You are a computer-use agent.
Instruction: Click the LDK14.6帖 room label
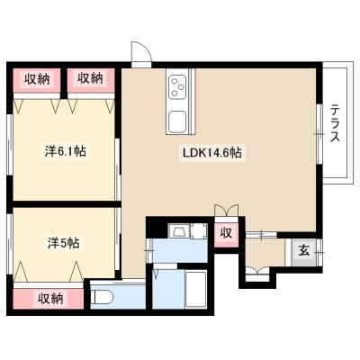pyautogui.click(x=212, y=153)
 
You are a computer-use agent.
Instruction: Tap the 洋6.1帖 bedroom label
pyautogui.click(x=66, y=151)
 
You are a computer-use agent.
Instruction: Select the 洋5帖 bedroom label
pyautogui.click(x=64, y=242)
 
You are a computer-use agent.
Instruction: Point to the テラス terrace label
pyautogui.click(x=335, y=122)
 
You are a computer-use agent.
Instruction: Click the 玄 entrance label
pyautogui.click(x=303, y=251)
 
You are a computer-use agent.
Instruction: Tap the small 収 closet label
pyautogui.click(x=227, y=232)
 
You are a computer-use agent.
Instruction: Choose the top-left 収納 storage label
pyautogui.click(x=37, y=79)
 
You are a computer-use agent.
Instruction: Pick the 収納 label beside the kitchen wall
pyautogui.click(x=90, y=78)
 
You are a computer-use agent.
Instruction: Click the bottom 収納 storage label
pyautogui.click(x=50, y=299)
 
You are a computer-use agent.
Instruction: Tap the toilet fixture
pyautogui.click(x=102, y=298)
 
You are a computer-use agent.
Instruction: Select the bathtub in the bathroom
pyautogui.click(x=196, y=289)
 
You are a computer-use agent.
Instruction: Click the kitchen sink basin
pyautogui.click(x=177, y=121)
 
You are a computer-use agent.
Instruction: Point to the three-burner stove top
pyautogui.click(x=177, y=86)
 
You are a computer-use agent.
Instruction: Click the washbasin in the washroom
pyautogui.click(x=178, y=231)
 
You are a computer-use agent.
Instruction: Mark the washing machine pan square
pyautogui.click(x=198, y=231)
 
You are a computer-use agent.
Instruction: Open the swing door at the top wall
pyautogui.click(x=141, y=53)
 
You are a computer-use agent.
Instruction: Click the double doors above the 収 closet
pyautogui.click(x=227, y=211)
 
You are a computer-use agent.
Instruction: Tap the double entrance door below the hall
pyautogui.click(x=257, y=273)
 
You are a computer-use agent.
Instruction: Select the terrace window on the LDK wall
pyautogui.click(x=319, y=134)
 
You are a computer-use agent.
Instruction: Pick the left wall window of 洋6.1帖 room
pyautogui.click(x=10, y=145)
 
